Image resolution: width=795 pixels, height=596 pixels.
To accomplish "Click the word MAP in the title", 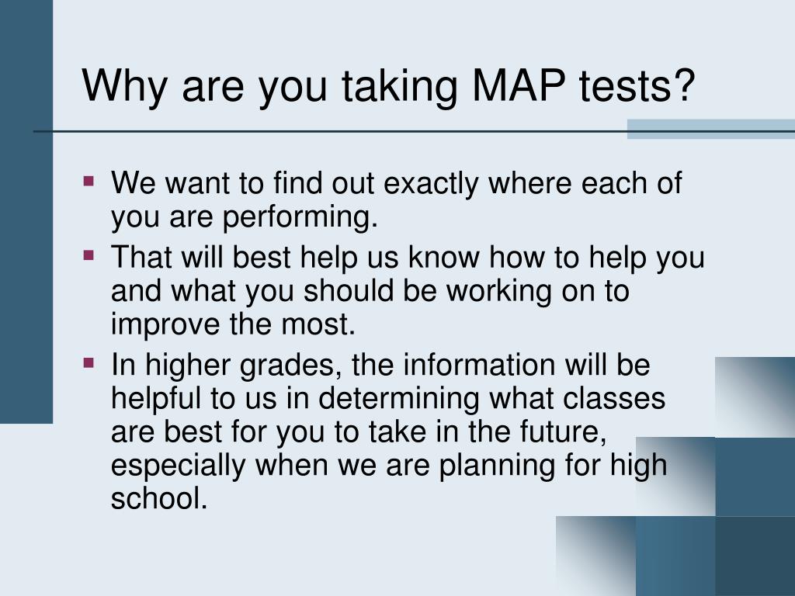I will (512, 85).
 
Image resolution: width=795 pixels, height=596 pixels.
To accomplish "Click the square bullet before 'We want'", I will (89, 182).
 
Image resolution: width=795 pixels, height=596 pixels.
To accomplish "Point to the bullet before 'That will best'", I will (89, 254).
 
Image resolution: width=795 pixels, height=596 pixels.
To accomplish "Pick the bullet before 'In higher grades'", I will (89, 362).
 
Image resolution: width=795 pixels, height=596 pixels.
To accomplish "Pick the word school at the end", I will (159, 498).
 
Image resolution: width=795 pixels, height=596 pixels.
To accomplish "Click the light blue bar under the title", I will (710, 129).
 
